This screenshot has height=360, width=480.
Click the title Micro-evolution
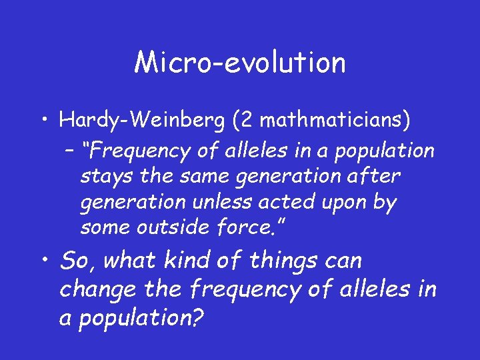pos(240,63)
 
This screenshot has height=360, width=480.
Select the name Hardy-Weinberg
pos(133,121)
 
